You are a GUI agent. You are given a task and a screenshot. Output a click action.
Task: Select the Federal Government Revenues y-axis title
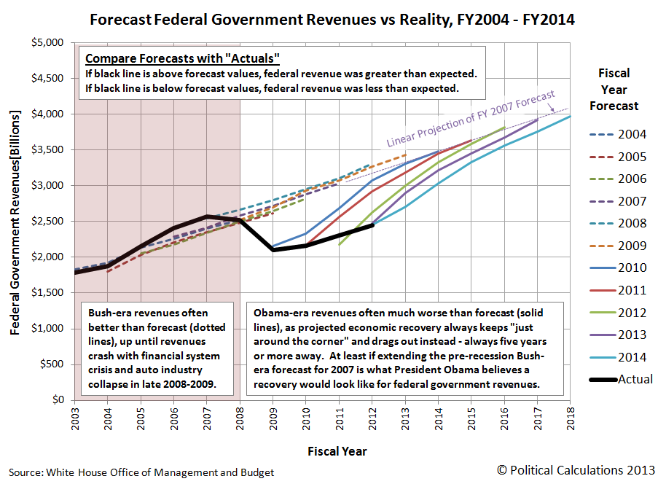click(15, 222)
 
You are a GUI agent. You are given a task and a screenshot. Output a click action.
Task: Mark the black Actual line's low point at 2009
click(273, 250)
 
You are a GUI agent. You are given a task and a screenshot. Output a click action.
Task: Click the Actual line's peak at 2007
click(207, 216)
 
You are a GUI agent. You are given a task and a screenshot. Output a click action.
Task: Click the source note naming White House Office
click(141, 472)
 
